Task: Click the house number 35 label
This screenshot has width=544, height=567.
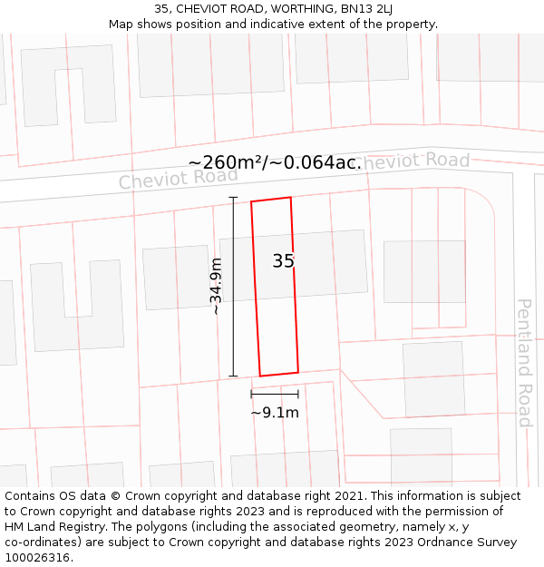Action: pyautogui.click(x=283, y=261)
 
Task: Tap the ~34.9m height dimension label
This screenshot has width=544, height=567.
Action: pyautogui.click(x=217, y=287)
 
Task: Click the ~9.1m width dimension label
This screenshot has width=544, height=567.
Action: pyautogui.click(x=275, y=413)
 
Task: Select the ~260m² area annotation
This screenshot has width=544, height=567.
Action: pyautogui.click(x=274, y=162)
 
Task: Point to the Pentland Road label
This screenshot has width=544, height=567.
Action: pyautogui.click(x=524, y=362)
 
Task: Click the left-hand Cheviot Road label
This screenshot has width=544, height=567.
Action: pyautogui.click(x=178, y=178)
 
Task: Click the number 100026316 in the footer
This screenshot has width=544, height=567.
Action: pyautogui.click(x=39, y=558)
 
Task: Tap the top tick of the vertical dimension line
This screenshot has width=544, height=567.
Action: pyautogui.click(x=233, y=197)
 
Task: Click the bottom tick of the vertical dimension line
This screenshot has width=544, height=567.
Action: pyautogui.click(x=233, y=376)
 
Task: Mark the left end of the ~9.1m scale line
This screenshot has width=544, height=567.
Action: pyautogui.click(x=251, y=394)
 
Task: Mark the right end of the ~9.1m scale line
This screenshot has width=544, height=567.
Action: pyautogui.click(x=298, y=394)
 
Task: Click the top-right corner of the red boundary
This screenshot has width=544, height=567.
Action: pyautogui.click(x=290, y=197)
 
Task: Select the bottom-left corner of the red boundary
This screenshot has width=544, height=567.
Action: pyautogui.click(x=260, y=376)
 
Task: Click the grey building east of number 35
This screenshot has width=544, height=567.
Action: pyautogui.click(x=424, y=271)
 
